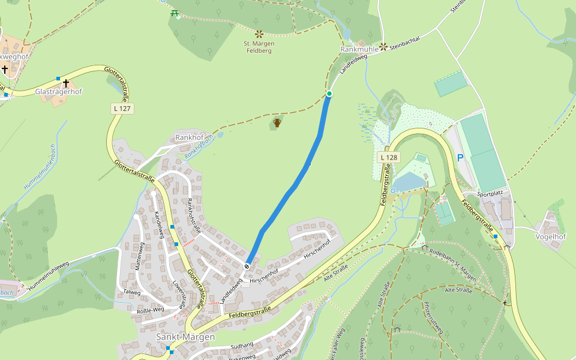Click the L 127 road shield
pyautogui.click(x=122, y=109)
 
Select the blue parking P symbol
pyautogui.click(x=460, y=158)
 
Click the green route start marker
pyautogui.click(x=329, y=94)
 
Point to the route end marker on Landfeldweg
pyautogui.click(x=247, y=266)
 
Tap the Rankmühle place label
pyautogui.click(x=359, y=49)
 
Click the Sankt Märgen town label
pyautogui.click(x=185, y=337)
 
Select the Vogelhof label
pyautogui.click(x=550, y=236)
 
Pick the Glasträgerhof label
pyautogui.click(x=58, y=92)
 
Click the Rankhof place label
pyautogui.click(x=190, y=137)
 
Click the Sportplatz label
pyautogui.click(x=489, y=194)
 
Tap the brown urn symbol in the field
pyautogui.click(x=277, y=123)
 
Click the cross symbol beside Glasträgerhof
pyautogui.click(x=66, y=83)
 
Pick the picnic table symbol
pyautogui.click(x=175, y=13)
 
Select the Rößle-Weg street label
pyautogui.click(x=151, y=310)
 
